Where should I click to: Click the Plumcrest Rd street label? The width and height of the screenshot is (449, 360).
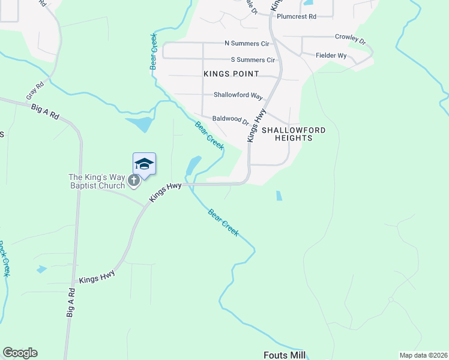(x=296, y=17)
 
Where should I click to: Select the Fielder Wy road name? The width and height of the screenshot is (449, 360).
(x=331, y=55)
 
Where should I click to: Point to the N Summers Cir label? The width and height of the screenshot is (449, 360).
(x=247, y=43)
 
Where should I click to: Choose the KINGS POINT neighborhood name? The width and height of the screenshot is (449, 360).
(x=231, y=74)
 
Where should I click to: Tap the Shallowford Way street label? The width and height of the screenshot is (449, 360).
(x=238, y=96)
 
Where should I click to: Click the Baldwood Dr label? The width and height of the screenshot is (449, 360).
(x=231, y=119)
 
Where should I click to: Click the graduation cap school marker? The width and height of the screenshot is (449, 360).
(x=144, y=163)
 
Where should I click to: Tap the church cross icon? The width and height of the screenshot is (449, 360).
(x=134, y=179)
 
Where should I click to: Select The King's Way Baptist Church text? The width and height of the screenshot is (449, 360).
(x=97, y=181)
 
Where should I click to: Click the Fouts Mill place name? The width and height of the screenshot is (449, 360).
(x=285, y=355)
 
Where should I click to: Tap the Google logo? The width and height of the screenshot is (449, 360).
(x=20, y=353)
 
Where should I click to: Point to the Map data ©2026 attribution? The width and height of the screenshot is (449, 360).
(x=423, y=355)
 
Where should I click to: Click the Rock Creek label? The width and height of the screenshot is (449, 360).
(x=4, y=258)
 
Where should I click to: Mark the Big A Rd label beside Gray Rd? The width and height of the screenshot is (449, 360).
(x=45, y=112)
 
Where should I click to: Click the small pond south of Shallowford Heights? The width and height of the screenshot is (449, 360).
(x=279, y=196)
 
